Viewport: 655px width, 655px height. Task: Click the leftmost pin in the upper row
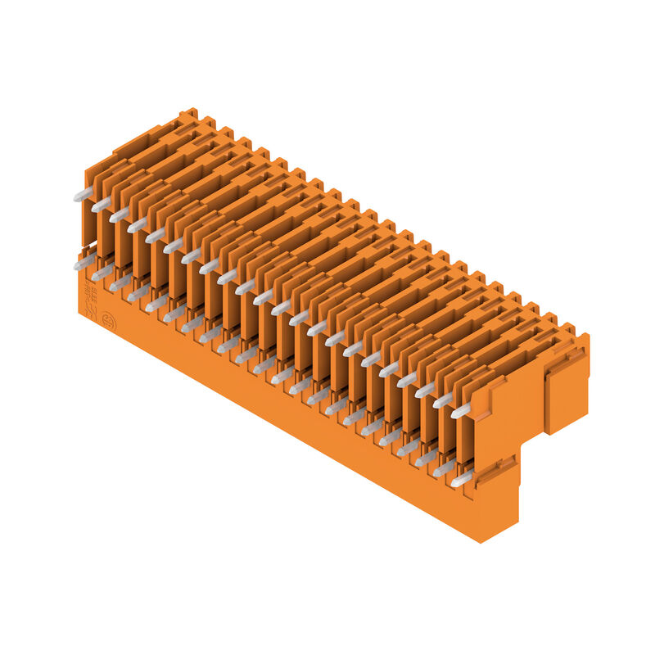[83, 194]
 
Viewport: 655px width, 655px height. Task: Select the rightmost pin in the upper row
[462, 409]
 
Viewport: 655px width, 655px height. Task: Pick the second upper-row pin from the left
[101, 205]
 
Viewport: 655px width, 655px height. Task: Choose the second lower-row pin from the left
[102, 273]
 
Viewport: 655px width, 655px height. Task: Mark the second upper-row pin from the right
[443, 400]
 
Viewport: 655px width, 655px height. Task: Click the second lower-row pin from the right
[445, 468]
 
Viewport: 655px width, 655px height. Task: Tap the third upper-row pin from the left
[120, 215]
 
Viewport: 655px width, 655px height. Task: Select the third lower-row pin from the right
[427, 458]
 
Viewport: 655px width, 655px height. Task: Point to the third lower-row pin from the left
[120, 283]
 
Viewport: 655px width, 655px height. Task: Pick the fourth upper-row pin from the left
[138, 225]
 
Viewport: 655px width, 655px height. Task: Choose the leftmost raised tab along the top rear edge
[188, 114]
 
